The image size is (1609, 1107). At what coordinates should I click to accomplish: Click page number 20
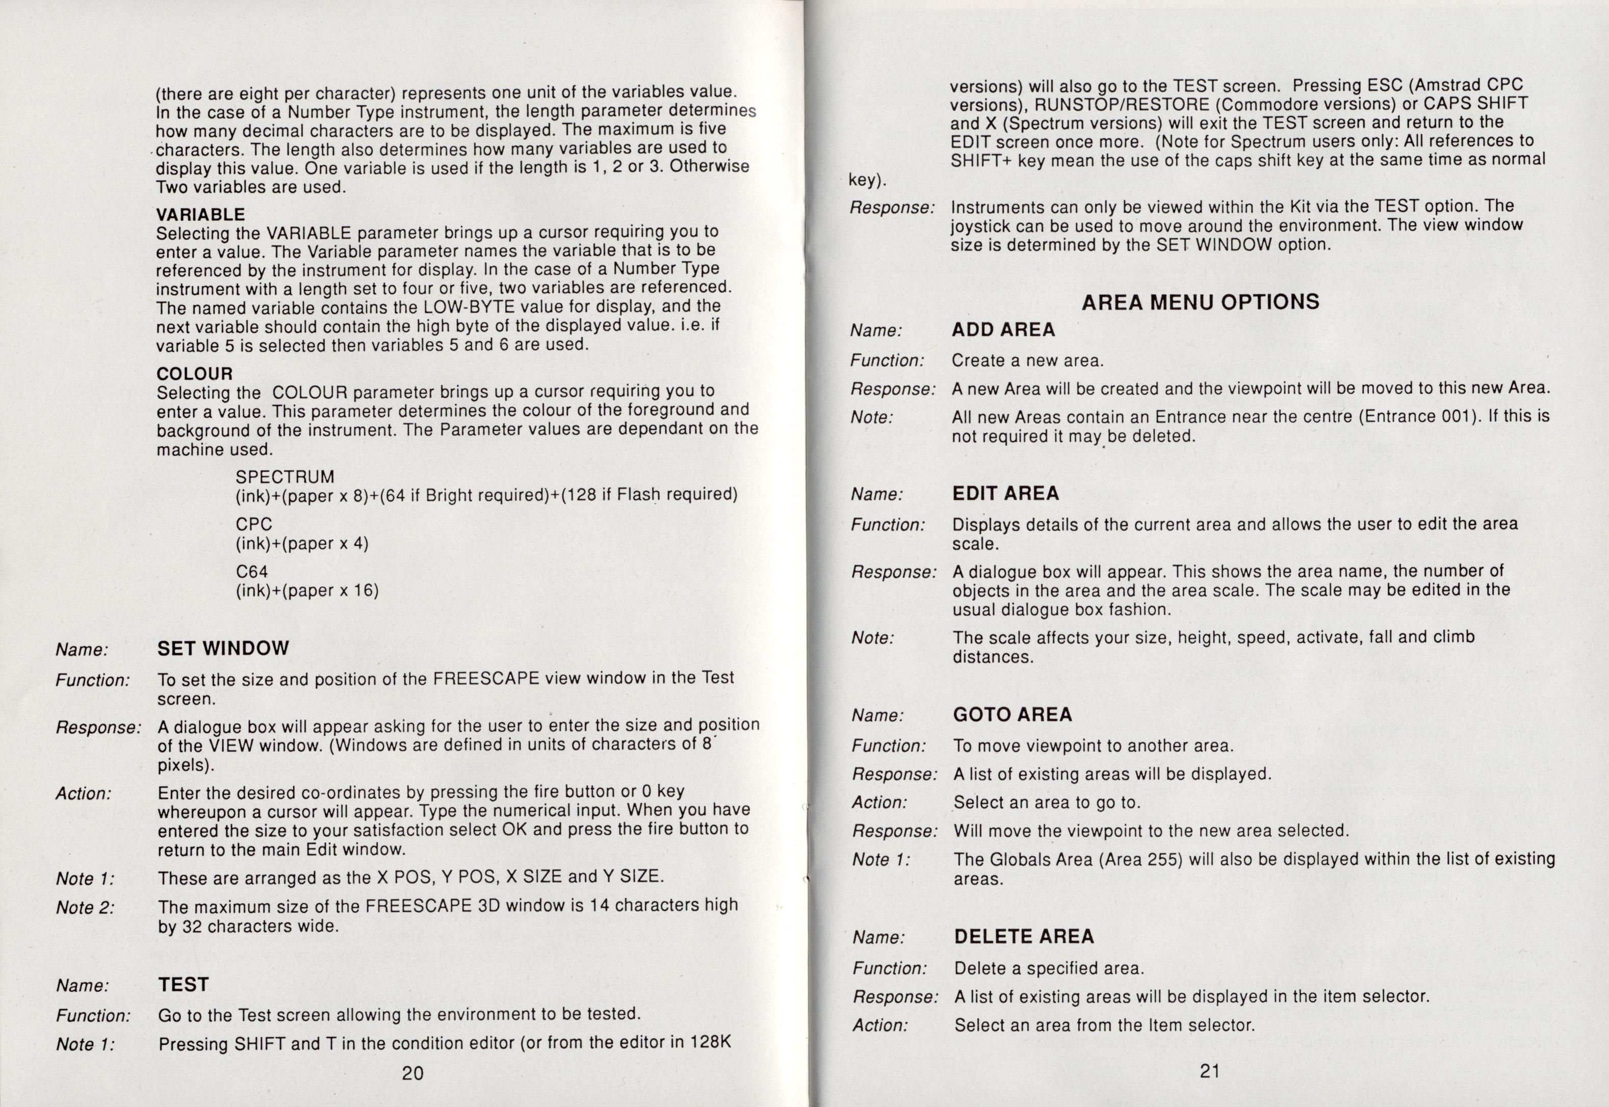tap(412, 1073)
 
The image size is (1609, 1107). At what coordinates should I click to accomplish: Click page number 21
tap(1209, 1071)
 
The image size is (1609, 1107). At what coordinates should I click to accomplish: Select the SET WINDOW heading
tap(223, 649)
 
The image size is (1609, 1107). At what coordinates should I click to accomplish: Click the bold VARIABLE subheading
tap(200, 214)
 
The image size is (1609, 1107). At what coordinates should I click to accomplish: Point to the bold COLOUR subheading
tap(194, 374)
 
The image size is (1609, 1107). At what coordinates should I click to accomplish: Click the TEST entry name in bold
tap(183, 985)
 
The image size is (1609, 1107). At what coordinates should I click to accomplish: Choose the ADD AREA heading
tap(1003, 329)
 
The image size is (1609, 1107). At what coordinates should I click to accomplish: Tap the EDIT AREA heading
tap(1005, 493)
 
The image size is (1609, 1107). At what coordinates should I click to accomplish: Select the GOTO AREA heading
tap(1013, 714)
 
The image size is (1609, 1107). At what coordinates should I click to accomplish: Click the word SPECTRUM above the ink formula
tap(284, 477)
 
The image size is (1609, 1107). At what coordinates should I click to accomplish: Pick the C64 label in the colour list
tap(252, 572)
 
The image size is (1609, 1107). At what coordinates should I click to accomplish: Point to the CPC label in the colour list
tap(254, 524)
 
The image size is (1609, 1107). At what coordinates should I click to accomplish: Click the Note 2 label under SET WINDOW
tap(85, 907)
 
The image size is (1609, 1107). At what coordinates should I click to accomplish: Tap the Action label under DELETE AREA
tap(880, 1025)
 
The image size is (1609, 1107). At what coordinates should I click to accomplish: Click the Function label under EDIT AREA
tap(888, 525)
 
